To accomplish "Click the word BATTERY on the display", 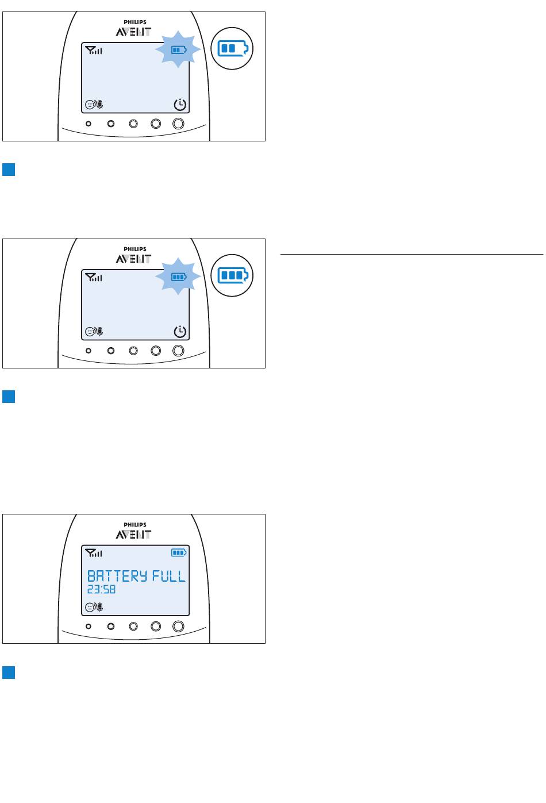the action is (x=117, y=576).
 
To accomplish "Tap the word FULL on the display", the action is (x=168, y=576).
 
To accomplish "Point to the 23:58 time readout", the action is (x=102, y=590).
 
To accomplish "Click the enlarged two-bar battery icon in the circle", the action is (x=233, y=48).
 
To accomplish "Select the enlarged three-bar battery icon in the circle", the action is (x=233, y=275).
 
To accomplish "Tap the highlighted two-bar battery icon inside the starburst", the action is (x=179, y=50).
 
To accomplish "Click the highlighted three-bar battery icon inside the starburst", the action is (x=179, y=277).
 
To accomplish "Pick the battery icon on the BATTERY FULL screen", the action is (x=179, y=553).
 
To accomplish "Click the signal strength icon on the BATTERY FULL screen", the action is (x=94, y=553).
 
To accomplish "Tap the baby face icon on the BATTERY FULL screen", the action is (x=89, y=607).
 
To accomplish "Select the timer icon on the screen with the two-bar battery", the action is (x=180, y=105).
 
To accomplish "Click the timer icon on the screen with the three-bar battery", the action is (x=180, y=332).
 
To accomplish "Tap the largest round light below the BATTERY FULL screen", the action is (x=178, y=627).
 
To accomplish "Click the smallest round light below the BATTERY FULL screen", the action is (x=88, y=627).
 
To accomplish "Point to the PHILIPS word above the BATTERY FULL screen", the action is (x=135, y=525).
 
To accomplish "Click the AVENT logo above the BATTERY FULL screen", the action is (x=133, y=535).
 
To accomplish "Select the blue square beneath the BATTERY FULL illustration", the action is (x=9, y=673).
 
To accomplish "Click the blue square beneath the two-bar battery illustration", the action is (x=9, y=170).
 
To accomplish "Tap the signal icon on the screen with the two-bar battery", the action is (x=94, y=50).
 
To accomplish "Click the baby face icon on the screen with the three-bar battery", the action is (x=89, y=332).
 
